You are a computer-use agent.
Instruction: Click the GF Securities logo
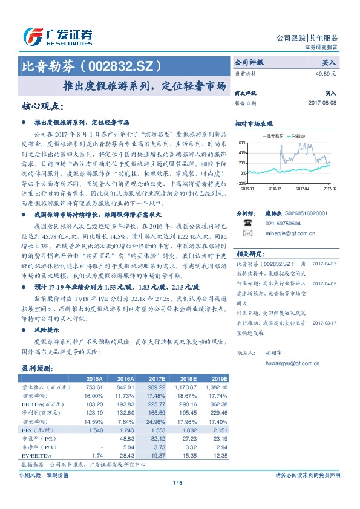coord(57,37)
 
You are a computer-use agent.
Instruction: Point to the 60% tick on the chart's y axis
coord(242,143)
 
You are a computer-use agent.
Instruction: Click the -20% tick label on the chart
coord(241,183)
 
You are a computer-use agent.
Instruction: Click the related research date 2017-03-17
coord(325,323)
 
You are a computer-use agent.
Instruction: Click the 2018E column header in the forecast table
coord(189,378)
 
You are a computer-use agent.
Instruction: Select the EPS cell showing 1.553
coord(156,429)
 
